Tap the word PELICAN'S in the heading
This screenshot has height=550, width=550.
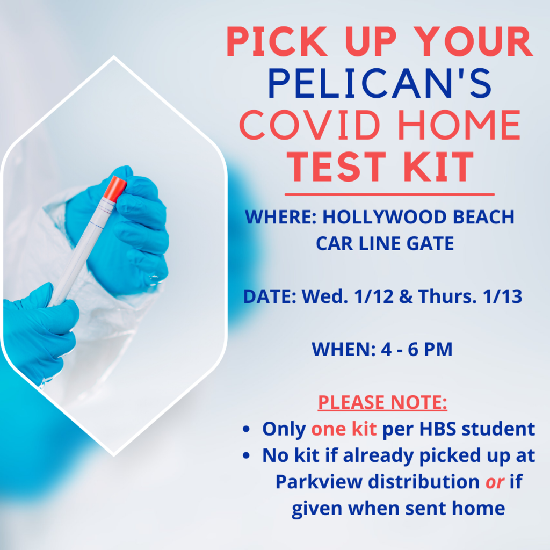[380, 83]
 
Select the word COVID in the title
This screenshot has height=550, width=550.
[310, 125]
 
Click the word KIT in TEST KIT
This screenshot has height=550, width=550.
[438, 167]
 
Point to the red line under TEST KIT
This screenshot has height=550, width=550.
[389, 194]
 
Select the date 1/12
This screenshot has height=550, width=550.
[374, 296]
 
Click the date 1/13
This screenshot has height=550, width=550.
[502, 296]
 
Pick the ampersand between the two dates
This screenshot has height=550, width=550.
[406, 296]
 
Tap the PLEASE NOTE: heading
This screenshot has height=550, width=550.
[382, 402]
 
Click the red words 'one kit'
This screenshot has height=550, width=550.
[344, 429]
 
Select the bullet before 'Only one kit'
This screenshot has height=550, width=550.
[246, 429]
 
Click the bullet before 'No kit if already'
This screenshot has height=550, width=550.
[246, 455]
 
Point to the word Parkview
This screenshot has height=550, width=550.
[319, 482]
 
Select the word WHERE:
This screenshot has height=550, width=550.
[281, 217]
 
